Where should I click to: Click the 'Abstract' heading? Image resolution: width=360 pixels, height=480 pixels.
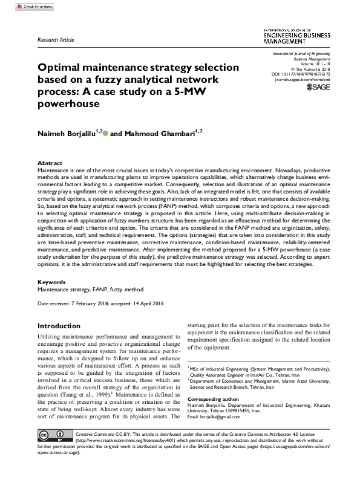(x=50, y=163)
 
